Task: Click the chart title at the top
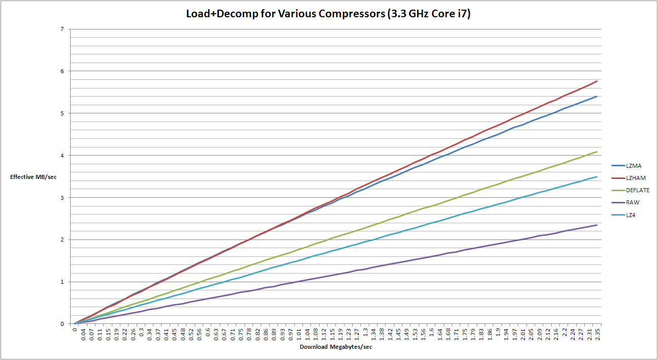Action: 329,14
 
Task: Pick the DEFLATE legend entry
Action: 637,190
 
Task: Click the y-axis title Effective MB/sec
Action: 34,177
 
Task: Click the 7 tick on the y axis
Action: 62,29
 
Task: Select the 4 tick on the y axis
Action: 62,155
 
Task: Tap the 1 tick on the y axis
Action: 62,282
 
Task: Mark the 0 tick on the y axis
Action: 62,324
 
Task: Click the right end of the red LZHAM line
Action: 597,81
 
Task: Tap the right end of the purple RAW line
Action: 597,225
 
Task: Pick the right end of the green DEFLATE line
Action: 597,152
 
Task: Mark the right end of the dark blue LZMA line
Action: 597,96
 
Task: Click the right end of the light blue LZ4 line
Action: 597,176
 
